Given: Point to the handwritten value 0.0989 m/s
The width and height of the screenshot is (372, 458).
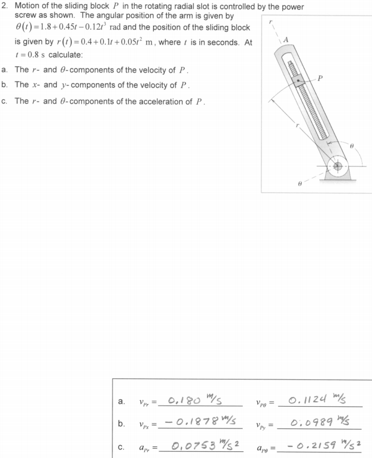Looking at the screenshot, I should pos(318,421).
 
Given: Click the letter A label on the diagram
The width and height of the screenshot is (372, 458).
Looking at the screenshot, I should pos(286,40).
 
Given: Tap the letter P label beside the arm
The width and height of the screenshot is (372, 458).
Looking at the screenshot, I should pos(320,78).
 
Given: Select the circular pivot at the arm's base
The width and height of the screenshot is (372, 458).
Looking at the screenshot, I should pos(338,166).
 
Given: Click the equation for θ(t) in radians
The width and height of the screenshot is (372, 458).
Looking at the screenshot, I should pos(77,28).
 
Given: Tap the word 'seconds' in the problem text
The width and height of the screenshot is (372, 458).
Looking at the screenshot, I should pos(221,43).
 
